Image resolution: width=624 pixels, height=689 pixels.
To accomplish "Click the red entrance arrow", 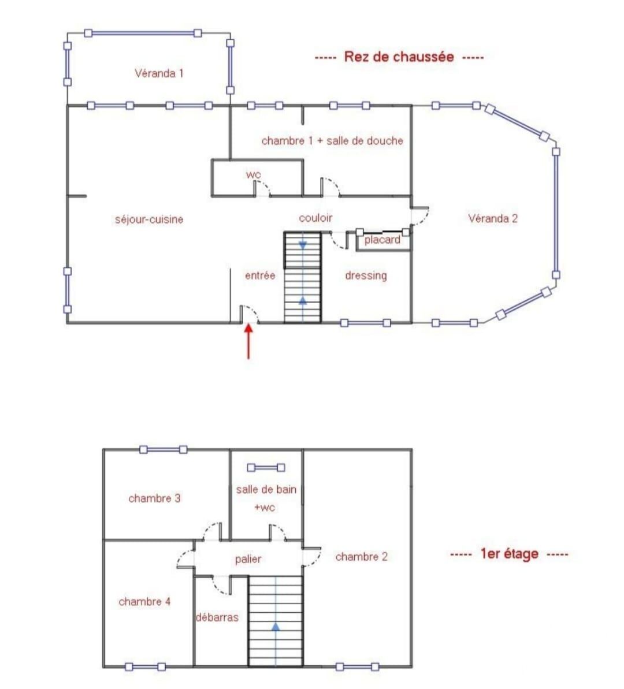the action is tap(248, 341).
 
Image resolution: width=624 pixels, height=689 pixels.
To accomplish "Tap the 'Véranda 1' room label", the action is tap(159, 73).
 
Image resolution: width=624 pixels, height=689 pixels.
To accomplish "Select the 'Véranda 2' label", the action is tap(492, 218).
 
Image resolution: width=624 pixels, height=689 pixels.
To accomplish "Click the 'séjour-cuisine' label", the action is tap(149, 219).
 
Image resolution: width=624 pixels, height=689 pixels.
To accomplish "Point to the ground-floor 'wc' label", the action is tap(253, 174).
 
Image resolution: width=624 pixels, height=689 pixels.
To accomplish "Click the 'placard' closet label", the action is tap(382, 240).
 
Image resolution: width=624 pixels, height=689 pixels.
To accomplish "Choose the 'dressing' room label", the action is tap(366, 275).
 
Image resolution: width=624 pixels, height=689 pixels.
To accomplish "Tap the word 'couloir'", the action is tap(315, 218).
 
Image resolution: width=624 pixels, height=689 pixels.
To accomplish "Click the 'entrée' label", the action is tap(260, 275).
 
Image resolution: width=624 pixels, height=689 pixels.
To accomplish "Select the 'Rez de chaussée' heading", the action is tap(399, 57).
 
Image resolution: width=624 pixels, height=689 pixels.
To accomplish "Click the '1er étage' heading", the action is tap(509, 554).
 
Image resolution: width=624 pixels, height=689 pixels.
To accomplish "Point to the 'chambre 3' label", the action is tap(154, 498).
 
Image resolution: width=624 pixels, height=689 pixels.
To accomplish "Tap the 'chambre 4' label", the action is tap(144, 602).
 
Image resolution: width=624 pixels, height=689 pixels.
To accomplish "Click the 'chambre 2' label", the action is tap(362, 557).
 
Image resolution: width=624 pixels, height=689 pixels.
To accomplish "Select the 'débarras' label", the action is tap(217, 617).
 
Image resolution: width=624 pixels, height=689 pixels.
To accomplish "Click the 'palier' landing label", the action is tap(248, 559).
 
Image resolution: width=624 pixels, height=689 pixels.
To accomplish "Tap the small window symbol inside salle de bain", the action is tap(266, 468).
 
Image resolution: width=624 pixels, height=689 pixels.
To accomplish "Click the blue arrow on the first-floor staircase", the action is tap(276, 627).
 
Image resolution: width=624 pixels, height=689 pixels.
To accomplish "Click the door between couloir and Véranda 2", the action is tap(420, 216).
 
